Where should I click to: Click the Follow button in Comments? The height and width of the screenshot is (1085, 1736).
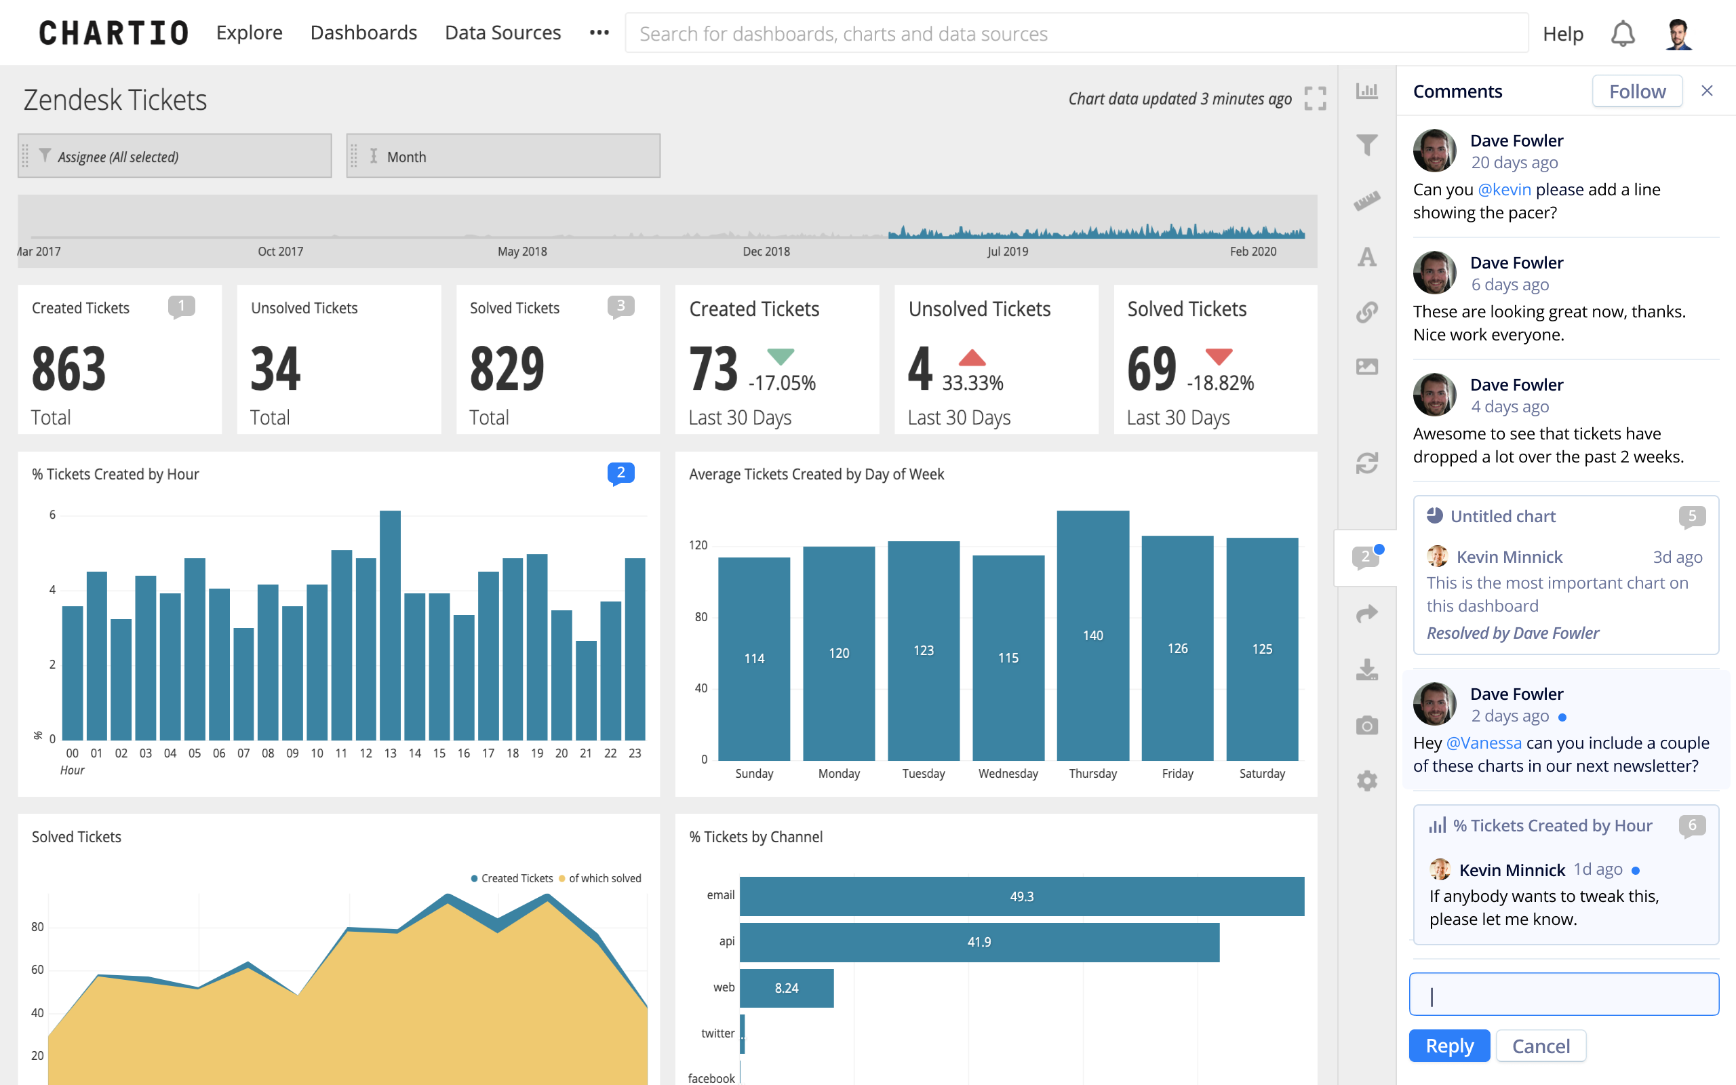point(1636,91)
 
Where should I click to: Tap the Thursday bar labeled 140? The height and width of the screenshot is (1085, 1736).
point(1092,635)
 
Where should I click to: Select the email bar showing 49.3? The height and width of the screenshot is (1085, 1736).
point(1021,896)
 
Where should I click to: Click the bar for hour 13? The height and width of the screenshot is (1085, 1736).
point(389,625)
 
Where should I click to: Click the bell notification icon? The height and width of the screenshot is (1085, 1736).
point(1622,34)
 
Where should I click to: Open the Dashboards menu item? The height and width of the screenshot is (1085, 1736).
point(363,33)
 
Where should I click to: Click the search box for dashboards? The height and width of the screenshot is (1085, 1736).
point(1076,34)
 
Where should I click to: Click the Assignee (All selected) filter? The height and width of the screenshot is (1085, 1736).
point(174,156)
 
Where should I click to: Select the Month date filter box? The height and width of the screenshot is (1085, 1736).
point(503,156)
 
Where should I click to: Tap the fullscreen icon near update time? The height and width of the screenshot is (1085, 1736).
point(1314,98)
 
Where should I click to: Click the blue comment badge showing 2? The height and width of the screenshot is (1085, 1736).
point(620,473)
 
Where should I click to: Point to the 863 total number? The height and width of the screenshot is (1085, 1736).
point(69,369)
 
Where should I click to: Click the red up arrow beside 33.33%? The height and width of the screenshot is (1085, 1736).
point(971,357)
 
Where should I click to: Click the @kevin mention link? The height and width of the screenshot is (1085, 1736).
point(1503,189)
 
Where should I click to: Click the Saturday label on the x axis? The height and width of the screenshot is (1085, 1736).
point(1261,774)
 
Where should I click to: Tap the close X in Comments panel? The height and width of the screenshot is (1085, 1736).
point(1707,90)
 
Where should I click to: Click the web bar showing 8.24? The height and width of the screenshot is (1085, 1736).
point(786,987)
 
